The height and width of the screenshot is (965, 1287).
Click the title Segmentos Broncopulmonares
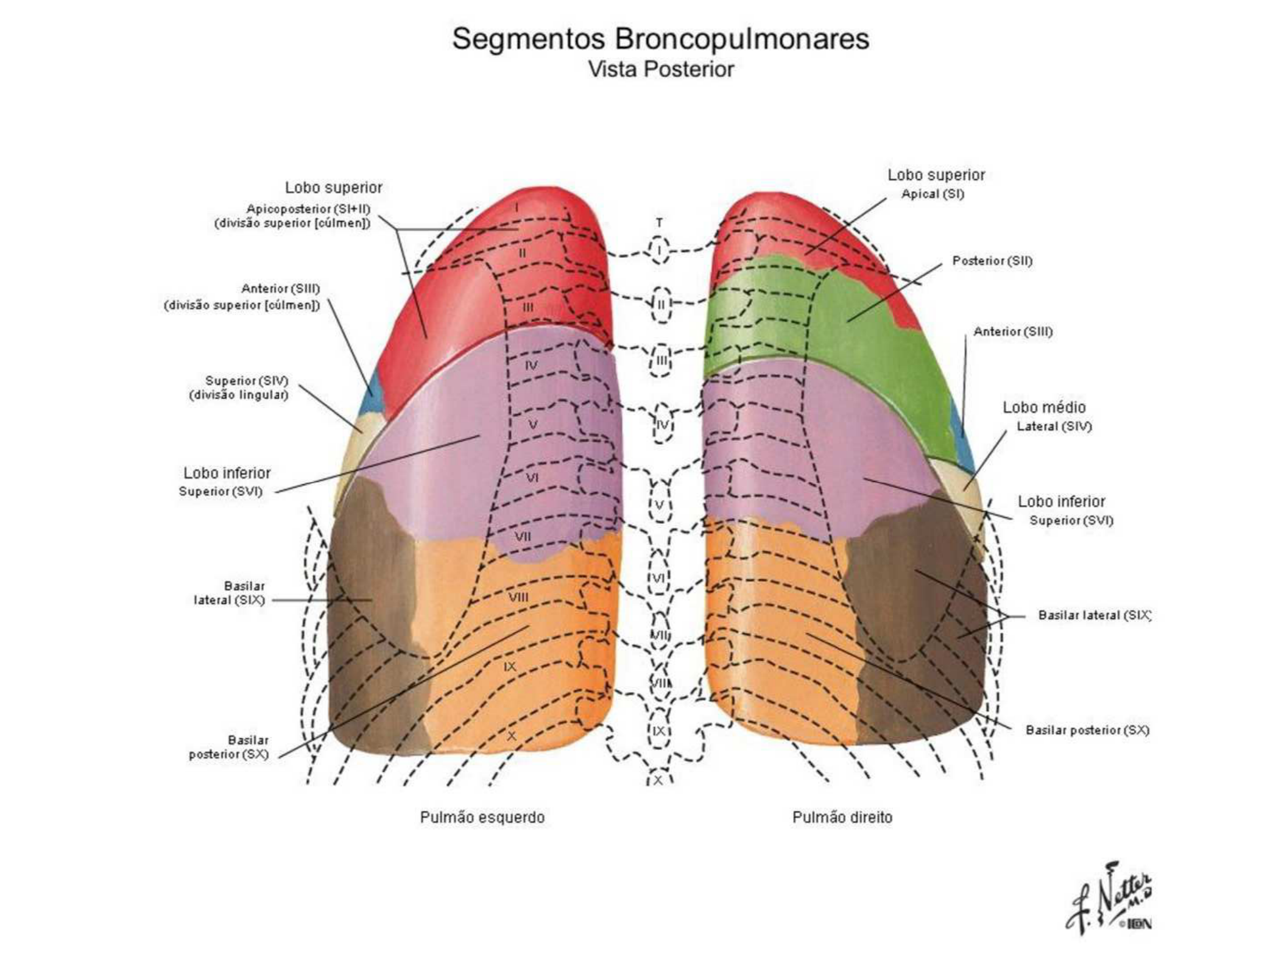pyautogui.click(x=660, y=39)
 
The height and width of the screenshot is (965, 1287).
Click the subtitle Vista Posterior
pyautogui.click(x=660, y=69)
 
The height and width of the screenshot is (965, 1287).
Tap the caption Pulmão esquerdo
pyautogui.click(x=482, y=817)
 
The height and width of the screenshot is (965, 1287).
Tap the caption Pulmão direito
pyautogui.click(x=842, y=817)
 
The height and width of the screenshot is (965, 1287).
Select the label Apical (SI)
pyautogui.click(x=933, y=194)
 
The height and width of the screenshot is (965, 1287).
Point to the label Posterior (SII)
pyautogui.click(x=992, y=261)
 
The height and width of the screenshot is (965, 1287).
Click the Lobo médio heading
pyautogui.click(x=1044, y=407)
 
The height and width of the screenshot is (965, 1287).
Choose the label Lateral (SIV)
pyautogui.click(x=1054, y=426)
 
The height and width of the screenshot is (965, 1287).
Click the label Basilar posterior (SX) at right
pyautogui.click(x=1087, y=730)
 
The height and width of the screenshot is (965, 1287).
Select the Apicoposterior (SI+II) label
pyautogui.click(x=308, y=209)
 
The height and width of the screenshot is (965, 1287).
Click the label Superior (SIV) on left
pyautogui.click(x=246, y=381)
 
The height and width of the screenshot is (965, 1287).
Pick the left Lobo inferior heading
pyautogui.click(x=227, y=473)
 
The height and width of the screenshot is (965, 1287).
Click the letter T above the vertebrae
pyautogui.click(x=659, y=223)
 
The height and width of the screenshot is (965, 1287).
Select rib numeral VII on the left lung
pyautogui.click(x=523, y=537)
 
